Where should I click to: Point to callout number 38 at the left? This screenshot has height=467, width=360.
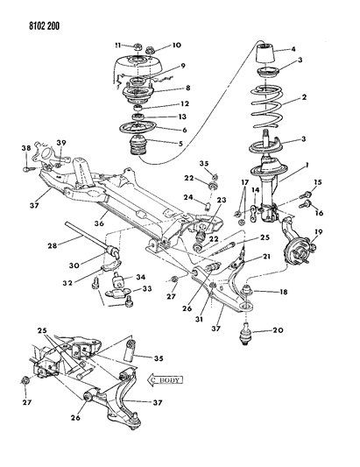(x=25, y=149)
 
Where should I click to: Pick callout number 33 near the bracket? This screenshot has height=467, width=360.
(x=146, y=291)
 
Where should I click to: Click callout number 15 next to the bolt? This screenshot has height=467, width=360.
(x=318, y=182)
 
